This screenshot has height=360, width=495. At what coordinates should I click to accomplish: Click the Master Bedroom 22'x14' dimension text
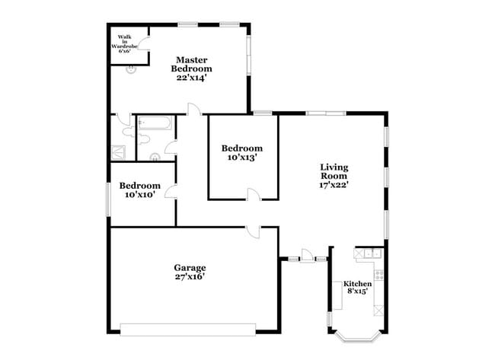click(x=191, y=78)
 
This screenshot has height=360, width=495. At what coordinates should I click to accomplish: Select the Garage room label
click(x=190, y=268)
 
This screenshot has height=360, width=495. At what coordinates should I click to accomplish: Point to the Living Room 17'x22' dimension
click(x=334, y=185)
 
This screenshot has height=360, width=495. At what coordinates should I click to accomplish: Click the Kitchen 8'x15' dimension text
click(x=358, y=292)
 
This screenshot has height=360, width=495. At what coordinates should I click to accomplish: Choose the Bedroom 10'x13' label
click(x=242, y=152)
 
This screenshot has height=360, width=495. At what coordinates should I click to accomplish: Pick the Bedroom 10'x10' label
click(x=140, y=190)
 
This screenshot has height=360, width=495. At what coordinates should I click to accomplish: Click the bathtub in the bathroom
click(x=155, y=123)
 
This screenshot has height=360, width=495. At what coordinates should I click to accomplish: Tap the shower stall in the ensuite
click(x=119, y=153)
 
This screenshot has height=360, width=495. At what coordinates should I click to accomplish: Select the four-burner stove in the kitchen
click(x=378, y=275)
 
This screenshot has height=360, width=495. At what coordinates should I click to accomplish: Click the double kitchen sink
click(x=373, y=253)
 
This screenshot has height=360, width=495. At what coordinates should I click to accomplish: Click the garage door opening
click(x=188, y=330)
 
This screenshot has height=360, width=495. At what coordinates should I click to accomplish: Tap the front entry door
click(x=307, y=256)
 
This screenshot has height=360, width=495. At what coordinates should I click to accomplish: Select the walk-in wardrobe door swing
click(x=144, y=43)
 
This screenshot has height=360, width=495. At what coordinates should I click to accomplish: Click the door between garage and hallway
click(x=253, y=231)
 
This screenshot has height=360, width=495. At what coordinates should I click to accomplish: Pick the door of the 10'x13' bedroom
click(x=254, y=194)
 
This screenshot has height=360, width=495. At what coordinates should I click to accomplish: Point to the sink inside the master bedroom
click(x=131, y=69)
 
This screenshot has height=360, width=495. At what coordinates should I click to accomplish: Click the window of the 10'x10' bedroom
click(x=108, y=199)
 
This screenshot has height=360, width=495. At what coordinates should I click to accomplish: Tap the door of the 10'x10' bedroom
click(x=171, y=192)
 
